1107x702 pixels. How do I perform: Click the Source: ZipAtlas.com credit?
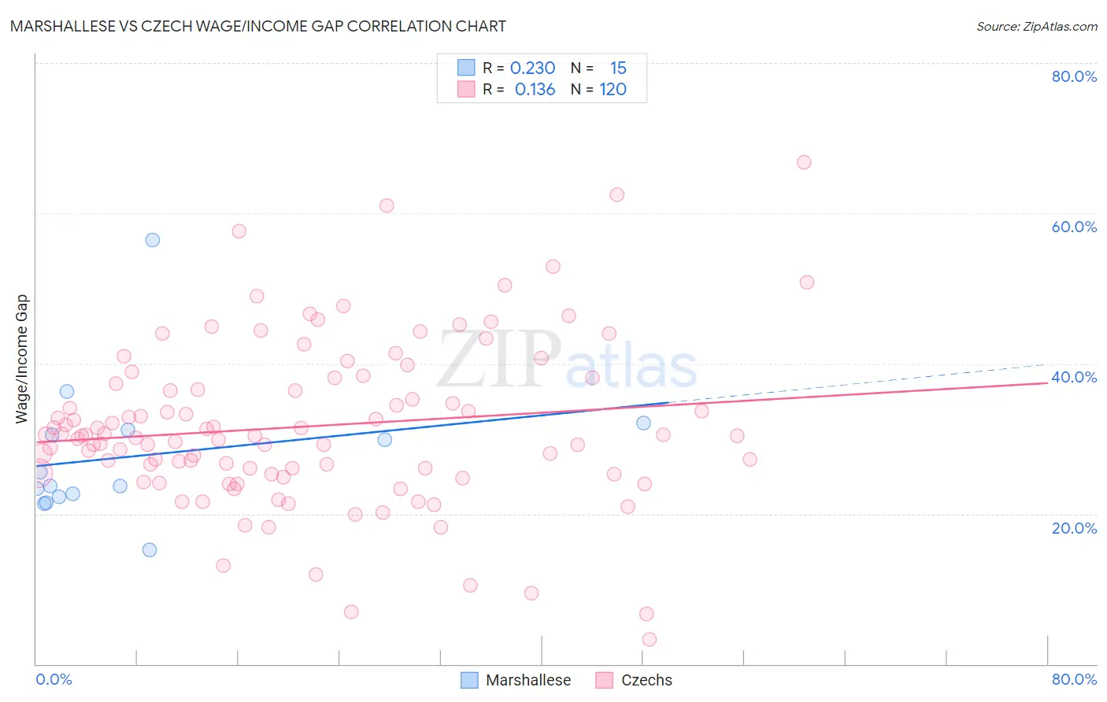tap(1036, 26)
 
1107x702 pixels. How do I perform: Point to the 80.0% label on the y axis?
tap(1074, 76)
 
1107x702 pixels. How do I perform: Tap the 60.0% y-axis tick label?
tap(1074, 227)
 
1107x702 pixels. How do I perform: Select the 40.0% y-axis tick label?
tap(1074, 377)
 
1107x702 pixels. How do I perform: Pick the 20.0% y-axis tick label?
tap(1074, 528)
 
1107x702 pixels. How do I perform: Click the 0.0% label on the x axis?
tap(54, 679)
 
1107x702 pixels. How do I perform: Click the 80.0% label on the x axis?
tap(1074, 679)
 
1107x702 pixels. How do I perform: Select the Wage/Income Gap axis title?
tap(21, 359)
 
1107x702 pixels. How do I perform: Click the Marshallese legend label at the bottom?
tap(528, 680)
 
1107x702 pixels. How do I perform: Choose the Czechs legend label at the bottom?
tap(646, 680)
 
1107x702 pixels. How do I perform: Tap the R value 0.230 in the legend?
tap(533, 68)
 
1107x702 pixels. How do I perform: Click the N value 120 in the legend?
tap(613, 90)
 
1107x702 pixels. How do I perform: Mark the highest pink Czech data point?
tap(804, 162)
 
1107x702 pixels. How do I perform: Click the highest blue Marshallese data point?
tap(153, 240)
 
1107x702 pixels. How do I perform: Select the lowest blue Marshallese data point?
tap(150, 550)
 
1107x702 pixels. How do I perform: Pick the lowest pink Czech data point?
tap(650, 639)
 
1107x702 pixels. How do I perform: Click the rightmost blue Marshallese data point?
tap(643, 423)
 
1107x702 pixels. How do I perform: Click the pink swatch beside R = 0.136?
tap(467, 90)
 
